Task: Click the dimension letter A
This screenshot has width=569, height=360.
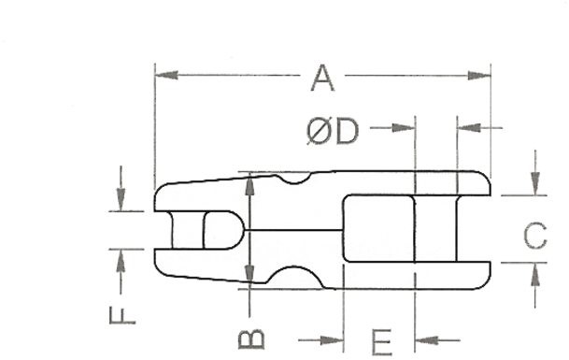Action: pos(322,78)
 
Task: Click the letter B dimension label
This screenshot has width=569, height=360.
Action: pos(251,339)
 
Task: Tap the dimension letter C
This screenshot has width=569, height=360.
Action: pos(535,236)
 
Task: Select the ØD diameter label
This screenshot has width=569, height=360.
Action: pos(333,131)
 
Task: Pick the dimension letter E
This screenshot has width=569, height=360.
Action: pos(382,342)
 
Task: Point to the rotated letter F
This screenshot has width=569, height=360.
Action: pos(122,315)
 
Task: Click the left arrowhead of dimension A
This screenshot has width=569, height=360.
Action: pos(166,76)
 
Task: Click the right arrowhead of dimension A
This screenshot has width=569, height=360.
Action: pos(479,76)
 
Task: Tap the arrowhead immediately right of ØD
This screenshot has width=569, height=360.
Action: pos(404,128)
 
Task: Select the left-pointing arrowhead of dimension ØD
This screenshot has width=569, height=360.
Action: pos(469,128)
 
